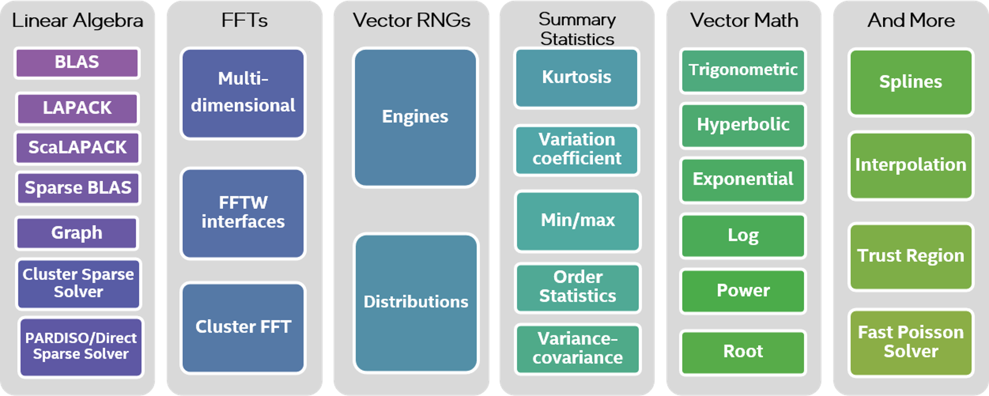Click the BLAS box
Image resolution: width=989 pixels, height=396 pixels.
[77, 63]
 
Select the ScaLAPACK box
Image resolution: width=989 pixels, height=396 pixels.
[77, 148]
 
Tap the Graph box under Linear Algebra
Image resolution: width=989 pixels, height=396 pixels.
[77, 233]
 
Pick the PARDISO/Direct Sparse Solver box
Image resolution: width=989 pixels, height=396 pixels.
[81, 346]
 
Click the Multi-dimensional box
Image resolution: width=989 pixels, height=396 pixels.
[243, 93]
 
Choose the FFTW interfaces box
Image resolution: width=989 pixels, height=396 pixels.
[243, 212]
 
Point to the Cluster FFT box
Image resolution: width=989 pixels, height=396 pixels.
[243, 327]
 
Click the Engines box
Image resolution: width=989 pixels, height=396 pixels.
[415, 117]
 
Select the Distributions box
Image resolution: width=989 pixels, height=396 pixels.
[416, 302]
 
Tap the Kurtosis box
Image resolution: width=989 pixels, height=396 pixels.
[577, 78]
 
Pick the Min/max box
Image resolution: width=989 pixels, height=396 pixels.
[578, 221]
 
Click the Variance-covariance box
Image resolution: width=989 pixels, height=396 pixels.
[578, 349]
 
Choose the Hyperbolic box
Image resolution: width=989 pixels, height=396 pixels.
[743, 125]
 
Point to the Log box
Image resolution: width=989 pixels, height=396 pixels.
[743, 236]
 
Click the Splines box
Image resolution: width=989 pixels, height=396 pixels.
[911, 82]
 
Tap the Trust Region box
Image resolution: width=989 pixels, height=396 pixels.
[911, 256]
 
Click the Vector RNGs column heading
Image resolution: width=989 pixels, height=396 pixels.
[411, 20]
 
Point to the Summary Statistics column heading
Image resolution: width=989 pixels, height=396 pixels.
[577, 29]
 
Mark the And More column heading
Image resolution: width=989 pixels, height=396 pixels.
[911, 20]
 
